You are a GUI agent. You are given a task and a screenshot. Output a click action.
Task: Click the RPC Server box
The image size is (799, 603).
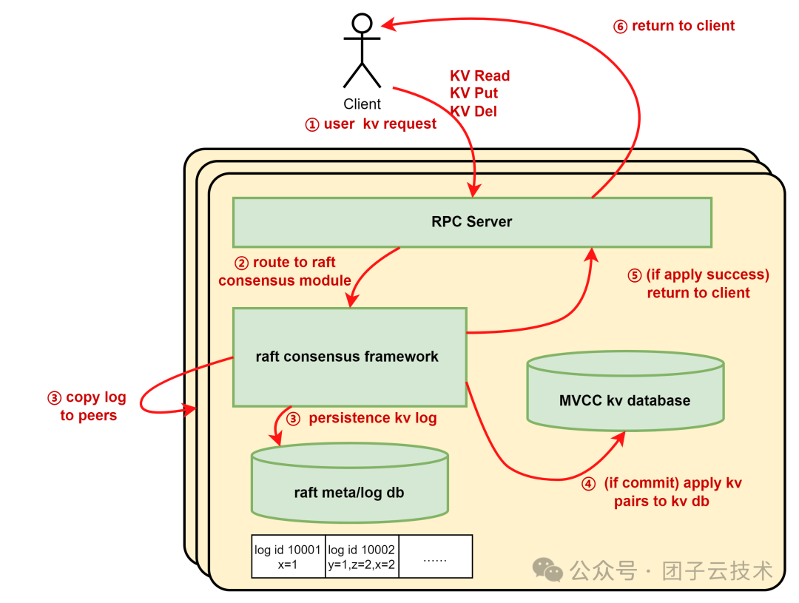pyautogui.click(x=472, y=222)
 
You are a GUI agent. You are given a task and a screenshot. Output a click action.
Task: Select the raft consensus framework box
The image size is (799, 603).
pyautogui.click(x=348, y=357)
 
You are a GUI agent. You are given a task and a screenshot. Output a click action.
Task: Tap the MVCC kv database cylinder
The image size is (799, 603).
pyautogui.click(x=624, y=400)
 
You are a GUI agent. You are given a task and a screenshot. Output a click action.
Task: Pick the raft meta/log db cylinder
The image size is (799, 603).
pyautogui.click(x=349, y=492)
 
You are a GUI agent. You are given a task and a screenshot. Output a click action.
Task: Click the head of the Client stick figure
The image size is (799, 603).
pyautogui.click(x=362, y=24)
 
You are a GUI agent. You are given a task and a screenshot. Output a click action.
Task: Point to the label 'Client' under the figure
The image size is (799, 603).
pyautogui.click(x=362, y=104)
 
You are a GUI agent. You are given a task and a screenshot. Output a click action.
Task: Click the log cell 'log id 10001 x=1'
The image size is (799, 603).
pyautogui.click(x=288, y=556)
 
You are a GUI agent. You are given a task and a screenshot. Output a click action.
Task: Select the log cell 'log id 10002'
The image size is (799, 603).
pyautogui.click(x=361, y=556)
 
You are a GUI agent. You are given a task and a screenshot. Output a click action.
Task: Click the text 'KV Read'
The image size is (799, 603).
pyautogui.click(x=479, y=76)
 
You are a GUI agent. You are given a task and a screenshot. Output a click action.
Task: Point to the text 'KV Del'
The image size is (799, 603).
pyautogui.click(x=473, y=112)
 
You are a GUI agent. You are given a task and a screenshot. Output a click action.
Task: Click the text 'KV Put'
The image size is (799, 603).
pyautogui.click(x=473, y=94)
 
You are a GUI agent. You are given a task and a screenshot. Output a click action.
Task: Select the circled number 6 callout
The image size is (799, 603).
pyautogui.click(x=620, y=27)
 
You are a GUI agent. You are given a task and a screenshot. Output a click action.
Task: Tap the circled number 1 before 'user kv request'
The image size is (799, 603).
pyautogui.click(x=311, y=124)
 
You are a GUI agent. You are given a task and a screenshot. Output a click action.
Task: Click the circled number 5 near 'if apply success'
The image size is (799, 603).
pyautogui.click(x=634, y=275)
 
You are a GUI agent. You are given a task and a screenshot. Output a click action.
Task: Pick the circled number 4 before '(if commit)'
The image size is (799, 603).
pyautogui.click(x=588, y=484)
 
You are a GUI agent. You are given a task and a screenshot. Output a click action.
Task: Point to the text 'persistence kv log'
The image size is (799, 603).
pyautogui.click(x=372, y=418)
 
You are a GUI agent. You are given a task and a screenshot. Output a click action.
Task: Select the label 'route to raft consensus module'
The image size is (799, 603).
pyautogui.click(x=285, y=272)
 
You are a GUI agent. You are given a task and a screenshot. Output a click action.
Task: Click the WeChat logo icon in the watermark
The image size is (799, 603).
pyautogui.click(x=548, y=570)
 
